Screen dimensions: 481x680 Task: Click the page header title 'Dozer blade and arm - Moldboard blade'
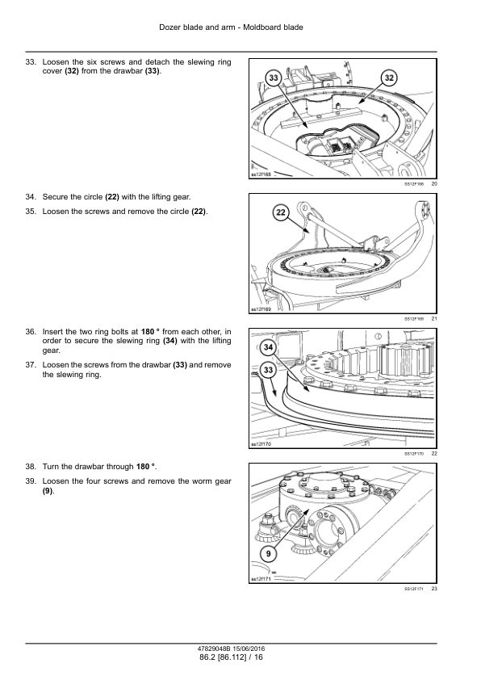point(231,27)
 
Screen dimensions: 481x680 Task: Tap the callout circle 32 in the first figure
point(389,78)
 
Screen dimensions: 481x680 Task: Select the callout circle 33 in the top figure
point(274,78)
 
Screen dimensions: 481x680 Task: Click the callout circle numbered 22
point(281,212)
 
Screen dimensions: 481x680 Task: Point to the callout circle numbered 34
point(268,347)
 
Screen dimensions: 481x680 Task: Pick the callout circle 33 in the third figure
point(268,370)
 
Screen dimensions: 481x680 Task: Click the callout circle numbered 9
point(268,554)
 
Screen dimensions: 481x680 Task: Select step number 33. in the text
point(31,62)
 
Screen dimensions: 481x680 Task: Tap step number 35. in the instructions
point(31,212)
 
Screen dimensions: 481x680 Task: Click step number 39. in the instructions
point(31,481)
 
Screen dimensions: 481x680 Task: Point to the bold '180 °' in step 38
point(145,467)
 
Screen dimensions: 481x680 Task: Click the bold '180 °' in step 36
point(150,332)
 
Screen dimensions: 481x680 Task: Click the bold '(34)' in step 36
point(170,342)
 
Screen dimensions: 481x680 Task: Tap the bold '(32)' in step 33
point(72,72)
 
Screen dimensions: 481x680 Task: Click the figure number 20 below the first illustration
point(434,184)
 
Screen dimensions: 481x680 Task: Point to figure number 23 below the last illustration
point(434,589)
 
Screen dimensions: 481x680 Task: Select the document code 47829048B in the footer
point(214,649)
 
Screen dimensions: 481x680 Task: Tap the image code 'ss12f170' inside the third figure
point(261,444)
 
